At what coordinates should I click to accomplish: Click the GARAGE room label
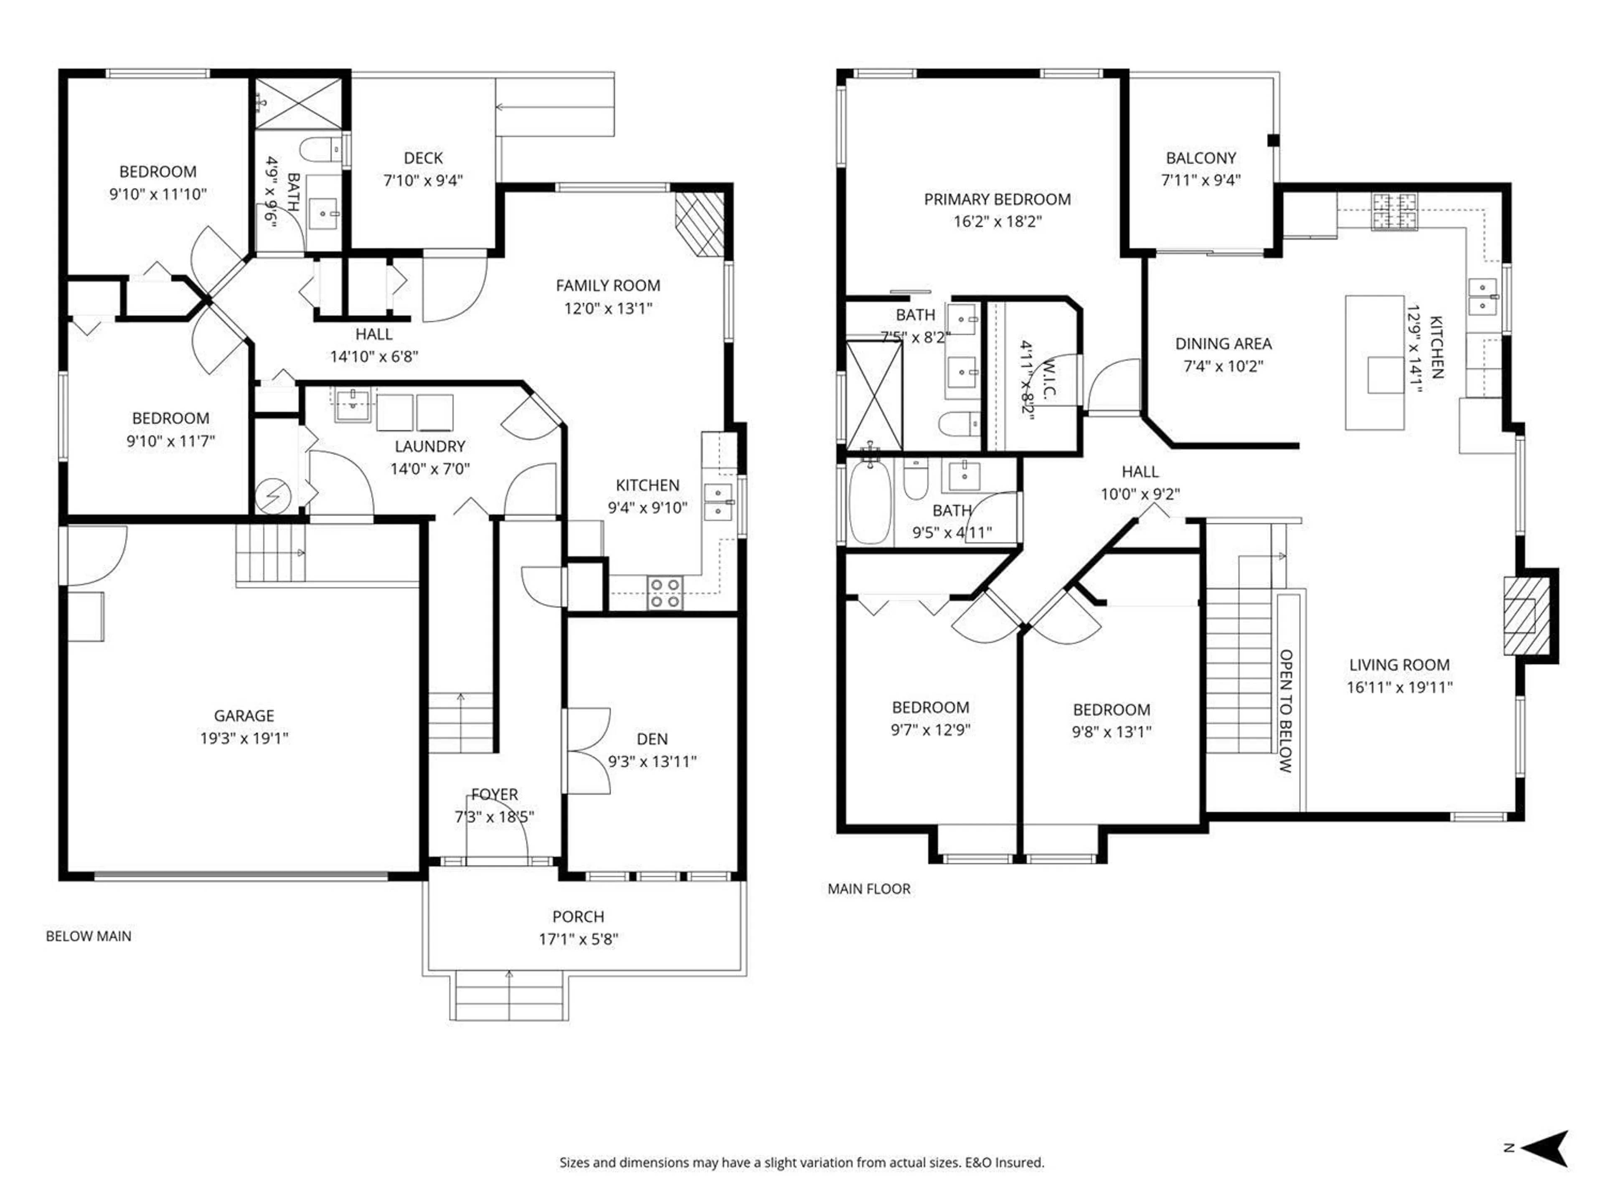[x=244, y=716]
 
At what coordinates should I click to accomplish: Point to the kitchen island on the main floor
[x=1374, y=363]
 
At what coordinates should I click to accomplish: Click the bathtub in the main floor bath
[x=869, y=502]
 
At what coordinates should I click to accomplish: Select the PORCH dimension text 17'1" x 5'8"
[x=578, y=939]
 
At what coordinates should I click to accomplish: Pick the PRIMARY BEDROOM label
[x=997, y=199]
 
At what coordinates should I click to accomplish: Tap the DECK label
[x=423, y=158]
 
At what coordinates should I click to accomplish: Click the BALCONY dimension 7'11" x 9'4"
[x=1201, y=180]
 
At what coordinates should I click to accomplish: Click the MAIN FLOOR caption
[x=869, y=888]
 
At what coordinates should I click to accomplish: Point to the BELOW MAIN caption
[x=89, y=936]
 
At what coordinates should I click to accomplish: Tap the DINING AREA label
[x=1223, y=344]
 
